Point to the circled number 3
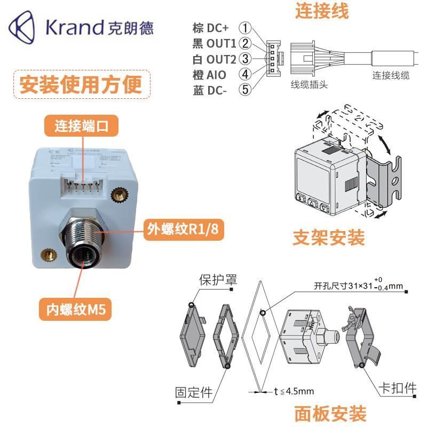click(245, 58)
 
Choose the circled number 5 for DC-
click(245, 89)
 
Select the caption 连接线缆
click(391, 76)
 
